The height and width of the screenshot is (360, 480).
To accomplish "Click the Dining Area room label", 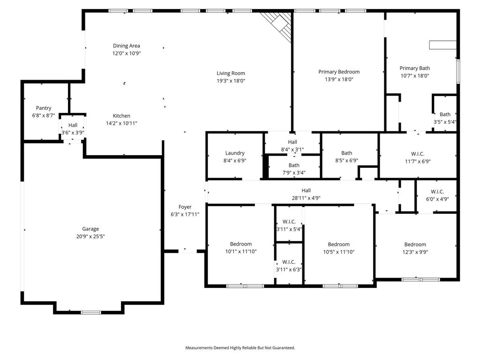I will click(126, 46).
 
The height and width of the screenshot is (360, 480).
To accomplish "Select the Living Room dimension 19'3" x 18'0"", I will click(231, 81).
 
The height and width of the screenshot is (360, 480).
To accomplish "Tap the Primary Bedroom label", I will click(339, 72).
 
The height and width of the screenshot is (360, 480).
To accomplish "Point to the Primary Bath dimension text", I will click(414, 75).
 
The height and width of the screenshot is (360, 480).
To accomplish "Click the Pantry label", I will click(44, 108).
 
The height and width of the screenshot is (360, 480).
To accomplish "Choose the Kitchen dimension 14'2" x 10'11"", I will click(121, 123).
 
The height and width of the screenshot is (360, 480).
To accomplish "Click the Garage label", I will click(90, 229).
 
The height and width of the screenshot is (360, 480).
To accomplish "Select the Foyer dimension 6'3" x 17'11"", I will click(185, 214).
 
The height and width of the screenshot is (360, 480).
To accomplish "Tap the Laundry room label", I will click(235, 153).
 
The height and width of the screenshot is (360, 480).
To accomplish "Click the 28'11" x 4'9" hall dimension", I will click(306, 198).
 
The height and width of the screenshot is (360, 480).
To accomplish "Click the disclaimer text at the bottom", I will click(240, 348).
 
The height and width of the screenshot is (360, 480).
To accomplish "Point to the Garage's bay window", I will click(90, 312).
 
